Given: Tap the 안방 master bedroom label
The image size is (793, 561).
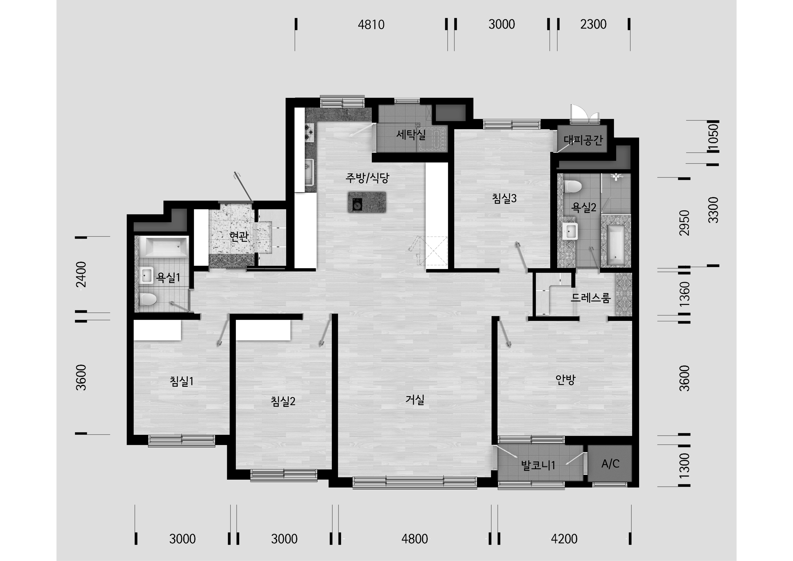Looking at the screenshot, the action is click(565, 380).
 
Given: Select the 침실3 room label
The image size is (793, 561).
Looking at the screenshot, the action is click(504, 198).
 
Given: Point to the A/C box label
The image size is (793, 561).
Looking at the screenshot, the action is click(610, 464).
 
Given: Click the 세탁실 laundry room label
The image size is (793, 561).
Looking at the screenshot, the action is click(411, 134).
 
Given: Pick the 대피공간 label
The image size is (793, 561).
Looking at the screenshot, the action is click(583, 140).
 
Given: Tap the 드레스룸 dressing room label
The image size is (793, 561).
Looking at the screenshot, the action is click(591, 297).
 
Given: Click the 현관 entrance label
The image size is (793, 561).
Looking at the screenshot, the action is click(239, 237).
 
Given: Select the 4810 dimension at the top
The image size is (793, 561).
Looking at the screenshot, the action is click(371, 24).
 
